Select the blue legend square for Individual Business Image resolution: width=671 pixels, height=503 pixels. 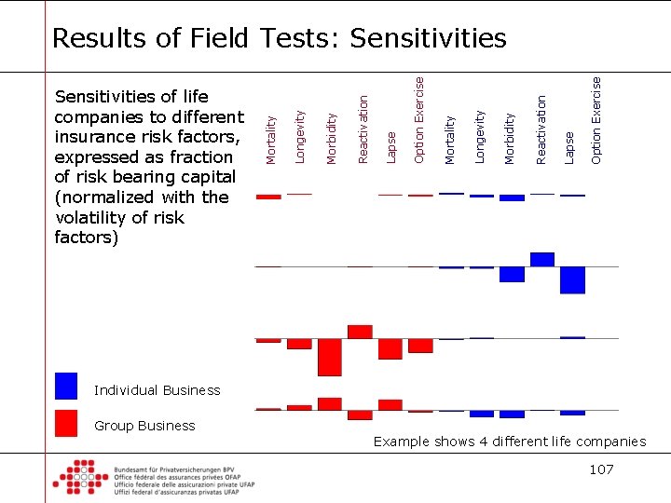[66, 386]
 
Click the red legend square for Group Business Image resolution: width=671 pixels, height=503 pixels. [66, 423]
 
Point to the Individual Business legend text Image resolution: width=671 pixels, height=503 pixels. [157, 390]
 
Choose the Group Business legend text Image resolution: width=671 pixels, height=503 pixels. [144, 426]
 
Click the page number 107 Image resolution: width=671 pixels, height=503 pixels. [601, 469]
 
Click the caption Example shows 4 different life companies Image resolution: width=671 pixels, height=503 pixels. [509, 442]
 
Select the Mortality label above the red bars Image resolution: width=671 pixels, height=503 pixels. [271, 138]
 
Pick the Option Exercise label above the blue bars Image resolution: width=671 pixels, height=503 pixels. [596, 119]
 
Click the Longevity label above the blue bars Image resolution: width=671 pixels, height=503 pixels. [480, 136]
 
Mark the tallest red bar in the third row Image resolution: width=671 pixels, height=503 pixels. [330, 357]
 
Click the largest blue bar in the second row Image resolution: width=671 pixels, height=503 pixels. [572, 279]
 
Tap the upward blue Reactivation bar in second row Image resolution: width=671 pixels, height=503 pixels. [541, 259]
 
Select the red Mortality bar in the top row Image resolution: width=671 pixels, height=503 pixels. [268, 197]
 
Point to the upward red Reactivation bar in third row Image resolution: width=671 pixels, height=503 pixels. [360, 332]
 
